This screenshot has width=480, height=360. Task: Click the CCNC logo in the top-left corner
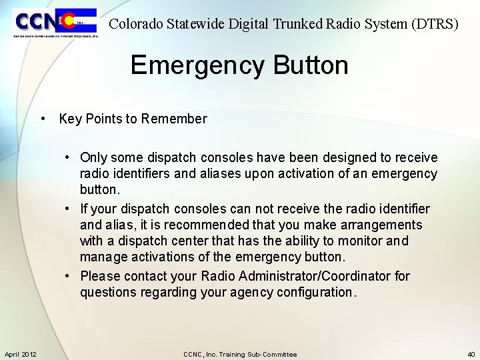pyautogui.click(x=55, y=23)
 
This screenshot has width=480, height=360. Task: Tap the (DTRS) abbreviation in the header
pyautogui.click(x=435, y=25)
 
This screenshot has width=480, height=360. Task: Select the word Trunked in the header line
pyautogui.click(x=297, y=25)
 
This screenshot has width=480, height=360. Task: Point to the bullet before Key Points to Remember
pyautogui.click(x=42, y=119)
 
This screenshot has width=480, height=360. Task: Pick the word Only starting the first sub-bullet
pyautogui.click(x=93, y=157)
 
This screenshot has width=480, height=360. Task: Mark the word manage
pyautogui.click(x=101, y=257)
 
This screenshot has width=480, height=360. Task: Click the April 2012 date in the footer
pyautogui.click(x=21, y=354)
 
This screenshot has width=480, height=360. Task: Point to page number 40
pyautogui.click(x=471, y=354)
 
